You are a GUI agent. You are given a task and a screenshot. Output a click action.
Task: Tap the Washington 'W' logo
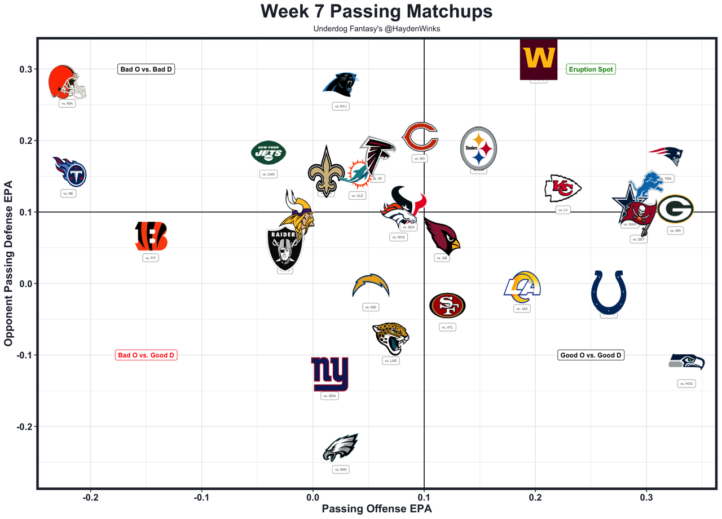click(x=539, y=59)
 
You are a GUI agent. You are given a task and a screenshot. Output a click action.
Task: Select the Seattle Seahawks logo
click(x=686, y=362)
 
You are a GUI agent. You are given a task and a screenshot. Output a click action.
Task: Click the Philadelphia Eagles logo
click(x=341, y=447)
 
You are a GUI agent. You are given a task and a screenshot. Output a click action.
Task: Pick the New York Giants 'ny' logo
click(x=330, y=374)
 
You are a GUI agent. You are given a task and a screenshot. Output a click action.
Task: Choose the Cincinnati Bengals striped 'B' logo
click(x=151, y=236)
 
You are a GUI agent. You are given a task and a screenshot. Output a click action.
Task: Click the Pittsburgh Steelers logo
click(x=478, y=148)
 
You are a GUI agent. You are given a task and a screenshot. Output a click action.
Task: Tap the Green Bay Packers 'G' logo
click(x=675, y=209)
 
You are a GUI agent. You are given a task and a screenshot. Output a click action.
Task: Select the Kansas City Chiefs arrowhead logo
click(x=562, y=188)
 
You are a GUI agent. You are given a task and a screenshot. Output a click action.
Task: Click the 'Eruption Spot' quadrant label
click(x=591, y=69)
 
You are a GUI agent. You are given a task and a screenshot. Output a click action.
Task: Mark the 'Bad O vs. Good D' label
click(x=146, y=355)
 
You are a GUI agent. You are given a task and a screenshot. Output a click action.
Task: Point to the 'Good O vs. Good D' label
click(x=591, y=355)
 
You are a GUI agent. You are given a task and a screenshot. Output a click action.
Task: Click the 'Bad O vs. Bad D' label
click(x=146, y=69)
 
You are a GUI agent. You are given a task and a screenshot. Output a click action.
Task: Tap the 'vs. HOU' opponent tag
click(x=686, y=384)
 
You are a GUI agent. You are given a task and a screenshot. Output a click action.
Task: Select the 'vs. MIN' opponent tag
click(x=341, y=469)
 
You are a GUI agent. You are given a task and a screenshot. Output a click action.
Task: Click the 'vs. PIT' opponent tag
click(x=151, y=258)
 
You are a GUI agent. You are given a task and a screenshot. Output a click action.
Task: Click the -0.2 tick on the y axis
click(x=22, y=426)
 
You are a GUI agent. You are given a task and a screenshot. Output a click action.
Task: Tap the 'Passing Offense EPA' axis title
click(x=376, y=509)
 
